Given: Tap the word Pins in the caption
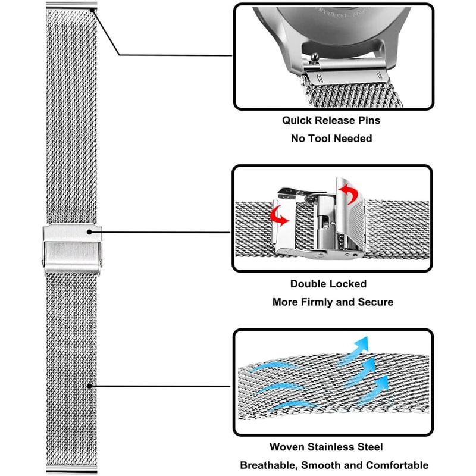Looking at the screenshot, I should (x=367, y=121).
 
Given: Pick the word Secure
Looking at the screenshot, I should (x=375, y=302).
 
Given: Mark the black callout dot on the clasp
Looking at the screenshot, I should (x=89, y=233).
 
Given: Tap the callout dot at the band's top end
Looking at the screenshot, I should (x=93, y=10).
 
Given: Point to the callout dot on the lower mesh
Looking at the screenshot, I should (x=89, y=386).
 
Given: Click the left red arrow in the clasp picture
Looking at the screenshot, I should (x=278, y=216).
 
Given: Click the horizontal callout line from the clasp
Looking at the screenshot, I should (x=161, y=233).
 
